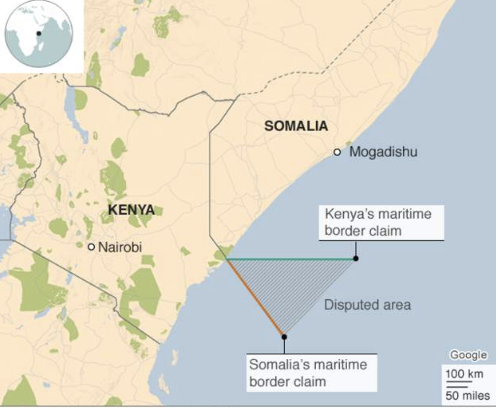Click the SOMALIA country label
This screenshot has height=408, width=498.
pyautogui.click(x=296, y=126)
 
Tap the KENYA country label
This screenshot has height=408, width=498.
pyautogui.click(x=132, y=210)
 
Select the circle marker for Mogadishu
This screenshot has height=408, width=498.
pyautogui.click(x=337, y=152)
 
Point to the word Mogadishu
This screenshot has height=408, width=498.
pyautogui.click(x=383, y=152)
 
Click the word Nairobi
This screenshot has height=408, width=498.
pyautogui.click(x=120, y=247)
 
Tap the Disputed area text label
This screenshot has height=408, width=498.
pyautogui.click(x=367, y=305)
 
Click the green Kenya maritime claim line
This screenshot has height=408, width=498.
pyautogui.click(x=289, y=259)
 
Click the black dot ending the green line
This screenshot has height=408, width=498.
pyautogui.click(x=356, y=258)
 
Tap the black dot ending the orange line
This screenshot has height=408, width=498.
pyautogui.click(x=284, y=337)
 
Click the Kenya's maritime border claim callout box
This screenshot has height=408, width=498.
pyautogui.click(x=381, y=223)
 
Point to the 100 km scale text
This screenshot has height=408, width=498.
pyautogui.click(x=464, y=373)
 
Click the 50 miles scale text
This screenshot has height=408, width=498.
pyautogui.click(x=467, y=396)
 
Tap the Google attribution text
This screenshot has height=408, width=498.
pyautogui.click(x=468, y=355)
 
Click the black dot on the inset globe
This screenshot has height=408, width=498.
pyautogui.click(x=39, y=33)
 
